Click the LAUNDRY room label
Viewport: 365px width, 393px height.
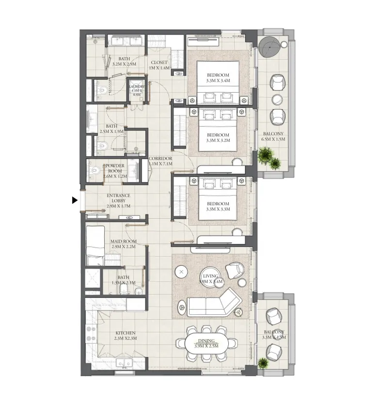pos(137,90)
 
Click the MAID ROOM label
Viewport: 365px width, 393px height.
pos(124,244)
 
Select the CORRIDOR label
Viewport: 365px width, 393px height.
pos(160,162)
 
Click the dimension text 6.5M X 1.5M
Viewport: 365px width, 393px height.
pos(273,139)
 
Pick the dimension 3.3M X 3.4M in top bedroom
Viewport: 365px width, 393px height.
pos(218,81)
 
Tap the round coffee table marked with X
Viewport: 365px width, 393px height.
pos(181,272)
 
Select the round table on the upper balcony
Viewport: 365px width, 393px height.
pos(269,48)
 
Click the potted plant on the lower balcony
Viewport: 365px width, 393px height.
pos(263,362)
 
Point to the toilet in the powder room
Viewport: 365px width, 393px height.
pos(95,170)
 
